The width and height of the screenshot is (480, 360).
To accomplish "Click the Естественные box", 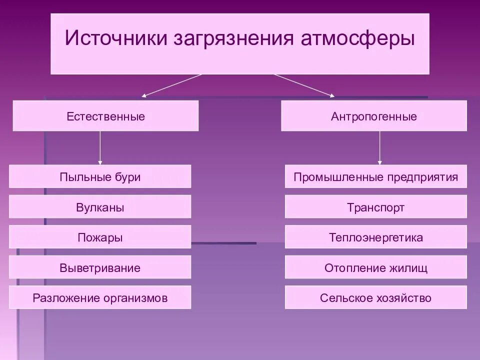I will tap(105, 116).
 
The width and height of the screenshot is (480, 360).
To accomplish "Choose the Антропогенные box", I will tap(374, 116).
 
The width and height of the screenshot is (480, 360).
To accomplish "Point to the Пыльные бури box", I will tap(100, 176).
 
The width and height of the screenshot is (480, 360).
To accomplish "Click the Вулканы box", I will tap(100, 207).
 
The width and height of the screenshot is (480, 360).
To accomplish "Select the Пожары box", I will tap(100, 237).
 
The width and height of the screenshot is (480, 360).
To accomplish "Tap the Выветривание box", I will tap(100, 267).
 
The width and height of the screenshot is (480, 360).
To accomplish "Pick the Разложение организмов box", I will tap(100, 298).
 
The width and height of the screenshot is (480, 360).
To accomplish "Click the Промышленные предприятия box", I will tap(376, 176).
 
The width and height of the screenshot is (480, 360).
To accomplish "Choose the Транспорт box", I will tap(376, 207).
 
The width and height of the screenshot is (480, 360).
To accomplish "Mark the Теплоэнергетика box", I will tap(376, 237).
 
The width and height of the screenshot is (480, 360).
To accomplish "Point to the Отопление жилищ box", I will tap(376, 267).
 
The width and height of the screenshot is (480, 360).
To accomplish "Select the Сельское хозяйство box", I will tap(376, 298).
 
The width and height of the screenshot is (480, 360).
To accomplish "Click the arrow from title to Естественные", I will tap(172, 85).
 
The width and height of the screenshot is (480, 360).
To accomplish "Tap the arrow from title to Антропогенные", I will tap(304, 85).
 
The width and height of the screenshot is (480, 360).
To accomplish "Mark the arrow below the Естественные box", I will tap(100, 147).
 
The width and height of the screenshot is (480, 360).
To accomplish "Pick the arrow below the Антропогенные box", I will tap(379, 147).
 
